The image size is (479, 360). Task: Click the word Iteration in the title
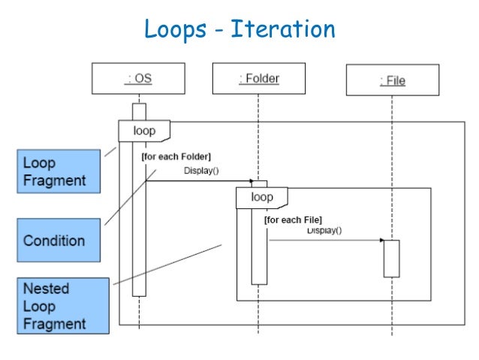coord(284,29)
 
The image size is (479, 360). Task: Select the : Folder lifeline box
coord(258,79)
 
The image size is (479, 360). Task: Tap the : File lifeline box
coord(391,80)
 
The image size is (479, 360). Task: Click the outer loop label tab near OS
coord(143,131)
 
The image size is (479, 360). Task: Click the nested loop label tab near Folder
coord(262,198)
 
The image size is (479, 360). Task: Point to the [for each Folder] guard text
coord(176,156)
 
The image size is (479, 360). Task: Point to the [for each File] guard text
coord(293,219)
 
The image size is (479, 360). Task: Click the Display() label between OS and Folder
coord(201,171)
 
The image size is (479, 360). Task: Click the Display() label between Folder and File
coord(324,231)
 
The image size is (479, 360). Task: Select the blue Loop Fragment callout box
coord(59,172)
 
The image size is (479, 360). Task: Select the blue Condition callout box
coord(59,241)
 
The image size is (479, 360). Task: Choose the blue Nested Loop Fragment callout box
coord(59,307)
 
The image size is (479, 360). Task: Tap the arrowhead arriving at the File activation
coord(381,241)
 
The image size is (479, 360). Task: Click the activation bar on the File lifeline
coord(391,259)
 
